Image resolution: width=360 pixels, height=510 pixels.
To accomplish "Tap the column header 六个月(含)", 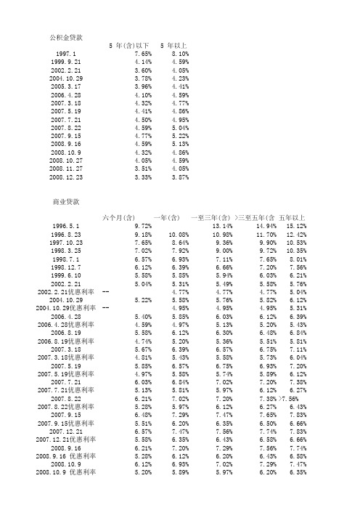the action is click(119, 217).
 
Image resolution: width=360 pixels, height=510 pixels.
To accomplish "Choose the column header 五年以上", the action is click(292, 217).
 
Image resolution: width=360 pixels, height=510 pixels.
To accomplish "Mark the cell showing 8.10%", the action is click(179, 54).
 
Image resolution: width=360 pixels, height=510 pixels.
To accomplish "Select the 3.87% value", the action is click(179, 177).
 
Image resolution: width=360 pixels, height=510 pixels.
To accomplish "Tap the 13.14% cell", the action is click(221, 226).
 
